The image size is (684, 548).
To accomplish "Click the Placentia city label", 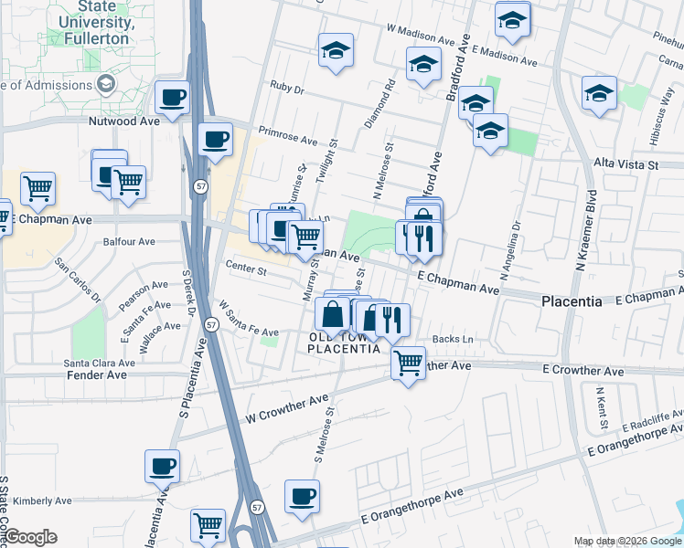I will coord(572,300).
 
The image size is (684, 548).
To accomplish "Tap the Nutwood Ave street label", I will coord(124,121).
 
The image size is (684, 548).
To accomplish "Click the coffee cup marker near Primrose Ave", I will coord(215,139).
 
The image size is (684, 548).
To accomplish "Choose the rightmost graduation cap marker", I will coord(599,92).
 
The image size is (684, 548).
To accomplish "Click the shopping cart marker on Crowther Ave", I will coord(408,361).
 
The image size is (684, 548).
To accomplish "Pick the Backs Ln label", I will coord(454,339).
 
